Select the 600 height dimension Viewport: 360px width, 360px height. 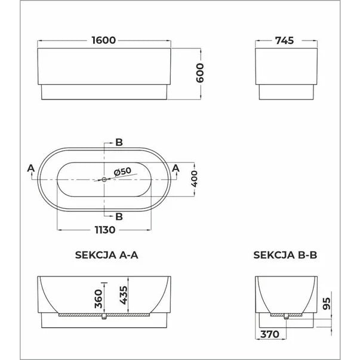coord(200,73)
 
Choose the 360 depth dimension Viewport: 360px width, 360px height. coord(99,296)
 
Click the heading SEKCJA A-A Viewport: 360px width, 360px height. coord(107,254)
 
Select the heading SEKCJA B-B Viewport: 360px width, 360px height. coord(285,254)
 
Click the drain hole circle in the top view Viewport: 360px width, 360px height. coord(104,179)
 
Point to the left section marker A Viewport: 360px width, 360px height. coord(30,168)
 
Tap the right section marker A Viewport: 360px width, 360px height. coord(176,168)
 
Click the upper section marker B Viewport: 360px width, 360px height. coord(119,142)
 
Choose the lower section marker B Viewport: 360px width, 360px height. coord(119,216)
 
